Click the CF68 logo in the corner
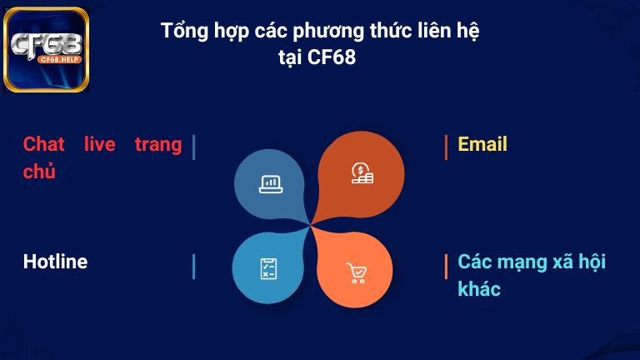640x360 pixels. (x=47, y=49)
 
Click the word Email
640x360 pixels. (x=482, y=144)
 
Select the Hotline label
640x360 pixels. (x=55, y=262)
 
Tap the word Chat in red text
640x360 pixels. (x=44, y=144)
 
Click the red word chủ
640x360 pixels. (x=39, y=172)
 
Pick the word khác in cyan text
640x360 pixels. (x=479, y=289)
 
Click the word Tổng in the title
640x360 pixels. (x=182, y=32)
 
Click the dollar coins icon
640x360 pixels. (x=362, y=173)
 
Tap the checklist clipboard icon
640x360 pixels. (x=268, y=268)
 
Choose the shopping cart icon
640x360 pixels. (x=357, y=272)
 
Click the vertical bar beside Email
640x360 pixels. (x=446, y=146)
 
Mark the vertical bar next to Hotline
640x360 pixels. (x=193, y=267)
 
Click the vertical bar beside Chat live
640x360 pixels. (x=193, y=147)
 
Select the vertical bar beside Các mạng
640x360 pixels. (x=446, y=267)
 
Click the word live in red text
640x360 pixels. (x=100, y=144)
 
